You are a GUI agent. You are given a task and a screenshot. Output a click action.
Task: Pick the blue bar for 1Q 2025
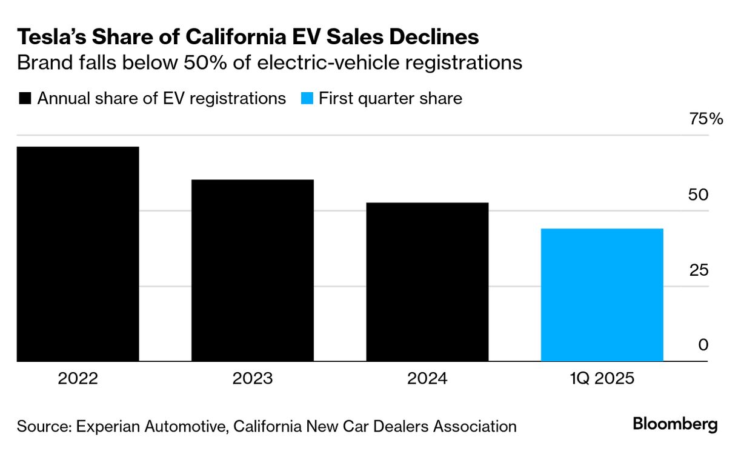tap(602, 295)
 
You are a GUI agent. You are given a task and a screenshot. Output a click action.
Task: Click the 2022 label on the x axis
tap(78, 379)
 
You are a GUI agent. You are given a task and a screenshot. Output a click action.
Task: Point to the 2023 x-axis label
tap(252, 379)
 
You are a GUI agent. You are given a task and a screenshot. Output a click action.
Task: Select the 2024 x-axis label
tap(427, 379)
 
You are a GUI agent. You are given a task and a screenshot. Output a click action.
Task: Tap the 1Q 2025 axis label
tap(602, 379)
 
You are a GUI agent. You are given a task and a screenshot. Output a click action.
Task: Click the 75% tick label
tap(706, 119)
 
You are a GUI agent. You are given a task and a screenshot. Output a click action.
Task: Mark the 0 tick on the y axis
tap(703, 346)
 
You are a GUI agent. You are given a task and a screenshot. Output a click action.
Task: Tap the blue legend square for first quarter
tap(307, 99)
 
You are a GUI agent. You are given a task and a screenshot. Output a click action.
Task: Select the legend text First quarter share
tap(390, 99)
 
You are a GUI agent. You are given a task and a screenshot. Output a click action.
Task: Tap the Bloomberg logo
tap(675, 424)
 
